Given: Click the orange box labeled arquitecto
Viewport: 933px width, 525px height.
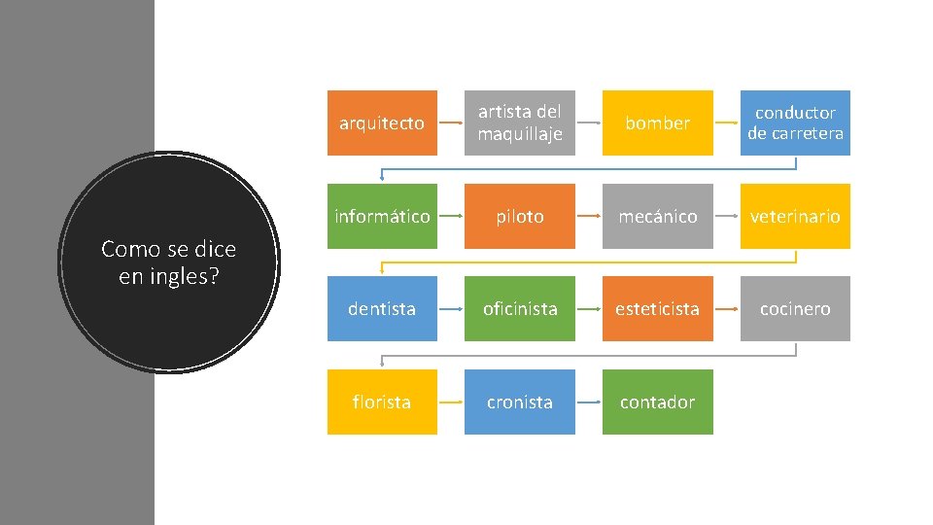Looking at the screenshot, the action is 382,122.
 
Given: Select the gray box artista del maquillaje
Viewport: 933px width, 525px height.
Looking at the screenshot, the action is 519,122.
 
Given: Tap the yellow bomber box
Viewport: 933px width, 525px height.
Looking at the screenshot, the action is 657,122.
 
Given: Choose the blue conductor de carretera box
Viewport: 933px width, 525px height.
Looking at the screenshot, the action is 795,122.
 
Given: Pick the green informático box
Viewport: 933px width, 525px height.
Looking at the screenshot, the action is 382,216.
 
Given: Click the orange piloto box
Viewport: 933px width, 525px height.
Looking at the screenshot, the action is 519,216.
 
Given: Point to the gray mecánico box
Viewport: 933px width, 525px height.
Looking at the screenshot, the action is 657,216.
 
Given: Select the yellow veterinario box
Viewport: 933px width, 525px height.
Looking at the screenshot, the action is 795,216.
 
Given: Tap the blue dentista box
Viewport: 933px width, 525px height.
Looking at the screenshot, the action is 382,308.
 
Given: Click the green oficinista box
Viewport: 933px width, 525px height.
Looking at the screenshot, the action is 519,308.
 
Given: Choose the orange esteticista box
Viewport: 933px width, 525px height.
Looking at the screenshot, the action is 657,308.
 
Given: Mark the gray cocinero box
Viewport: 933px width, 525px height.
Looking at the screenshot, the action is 795,308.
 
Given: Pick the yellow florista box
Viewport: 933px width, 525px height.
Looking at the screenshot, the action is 382,402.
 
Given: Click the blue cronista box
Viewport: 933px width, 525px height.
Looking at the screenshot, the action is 519,402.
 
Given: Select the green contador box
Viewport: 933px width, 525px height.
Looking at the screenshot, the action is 657,402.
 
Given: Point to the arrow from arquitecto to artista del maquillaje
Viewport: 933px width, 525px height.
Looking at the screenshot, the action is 451,123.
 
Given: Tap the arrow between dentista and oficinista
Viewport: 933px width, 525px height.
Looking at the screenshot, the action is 451,309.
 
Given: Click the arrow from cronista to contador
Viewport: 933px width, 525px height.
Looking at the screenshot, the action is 588,402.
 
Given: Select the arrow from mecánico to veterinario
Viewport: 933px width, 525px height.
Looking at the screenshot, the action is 726,217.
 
